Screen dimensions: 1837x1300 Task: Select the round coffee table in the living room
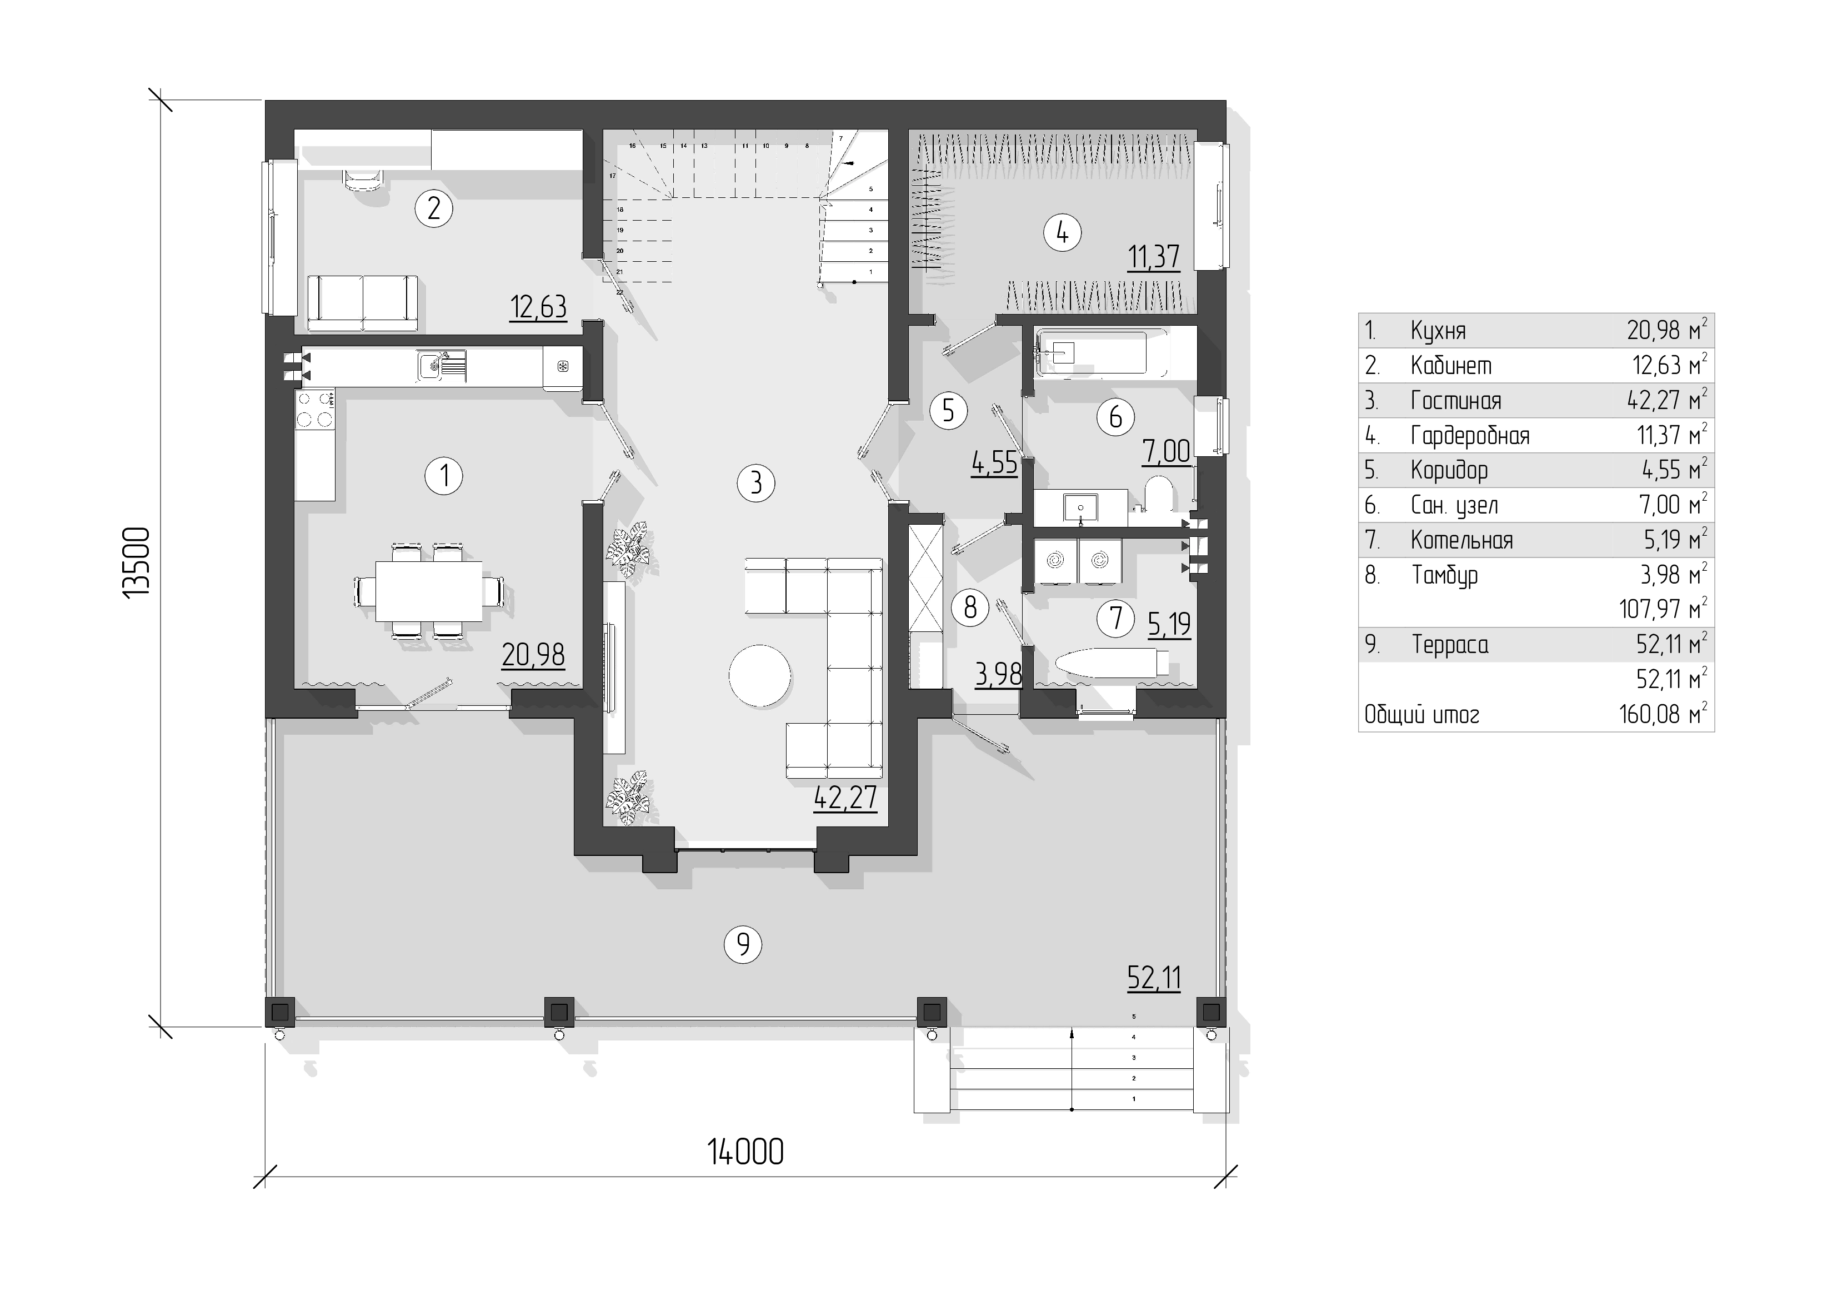760,676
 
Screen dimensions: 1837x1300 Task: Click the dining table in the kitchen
429,591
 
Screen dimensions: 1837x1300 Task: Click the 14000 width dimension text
745,1152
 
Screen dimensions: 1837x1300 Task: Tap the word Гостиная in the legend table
1456,400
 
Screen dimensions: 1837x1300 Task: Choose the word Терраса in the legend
1450,644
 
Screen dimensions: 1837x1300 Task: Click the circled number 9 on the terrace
743,945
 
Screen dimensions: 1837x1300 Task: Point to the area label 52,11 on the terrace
1154,978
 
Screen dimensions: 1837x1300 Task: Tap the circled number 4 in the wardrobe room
1063,233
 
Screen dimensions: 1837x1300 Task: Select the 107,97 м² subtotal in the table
1663,609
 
